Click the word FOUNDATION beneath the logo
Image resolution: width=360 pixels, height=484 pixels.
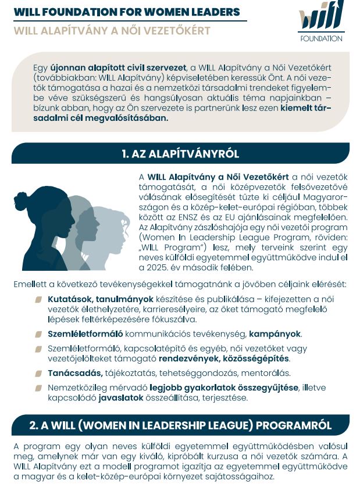(322, 39)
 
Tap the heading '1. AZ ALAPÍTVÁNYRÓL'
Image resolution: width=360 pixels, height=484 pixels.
(180, 154)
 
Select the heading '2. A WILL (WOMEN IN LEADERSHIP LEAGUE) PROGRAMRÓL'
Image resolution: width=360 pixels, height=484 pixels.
(180, 425)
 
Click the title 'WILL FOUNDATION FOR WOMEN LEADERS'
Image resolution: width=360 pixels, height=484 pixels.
(126, 12)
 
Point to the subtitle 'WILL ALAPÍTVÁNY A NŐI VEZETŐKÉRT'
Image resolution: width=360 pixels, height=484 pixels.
(112, 30)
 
